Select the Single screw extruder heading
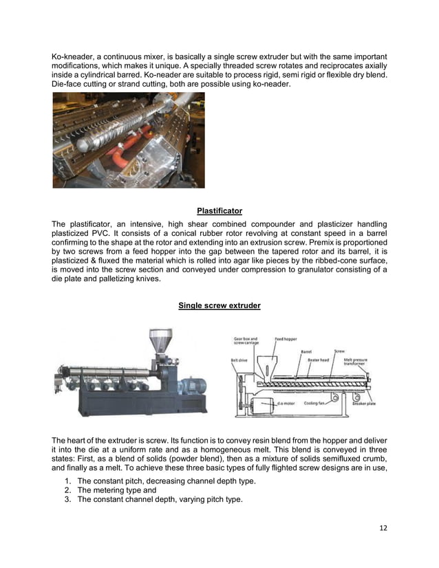[x=219, y=305]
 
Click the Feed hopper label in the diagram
[x=286, y=339]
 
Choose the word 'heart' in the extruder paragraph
[x=78, y=439]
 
